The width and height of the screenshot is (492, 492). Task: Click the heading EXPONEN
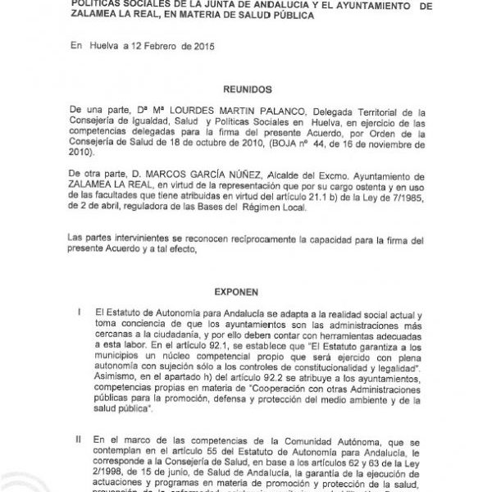click(248, 290)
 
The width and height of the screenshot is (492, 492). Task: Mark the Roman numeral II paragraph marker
click(77, 440)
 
